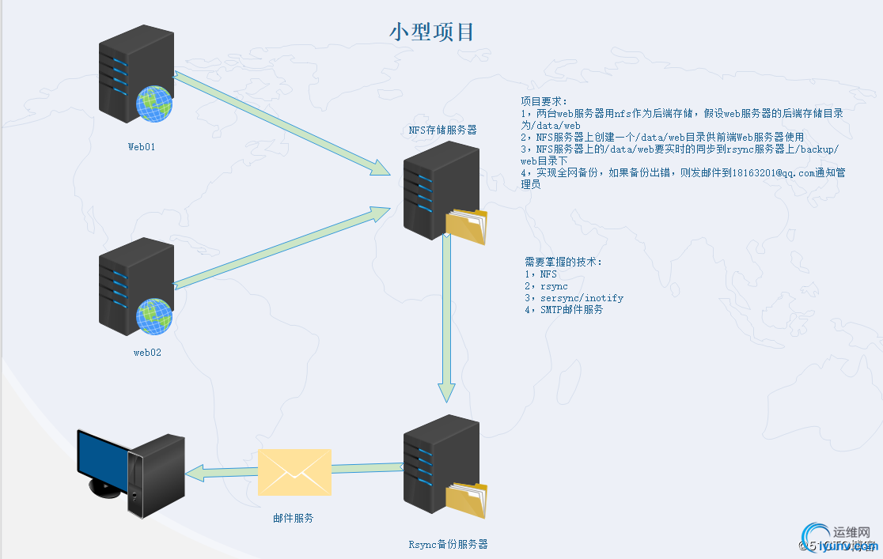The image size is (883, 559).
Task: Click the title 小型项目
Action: pos(432,32)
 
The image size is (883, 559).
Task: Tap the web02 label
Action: pos(146,353)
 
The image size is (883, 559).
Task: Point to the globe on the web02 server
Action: pos(154,315)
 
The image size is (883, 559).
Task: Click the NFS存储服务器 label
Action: pos(442,130)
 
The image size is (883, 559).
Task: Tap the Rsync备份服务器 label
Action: pos(448,544)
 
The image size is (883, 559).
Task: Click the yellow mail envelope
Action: pos(294,472)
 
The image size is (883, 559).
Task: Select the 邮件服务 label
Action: pos(293,519)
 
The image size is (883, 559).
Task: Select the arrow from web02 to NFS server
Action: pos(277,247)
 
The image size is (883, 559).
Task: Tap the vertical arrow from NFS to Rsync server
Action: pos(447,316)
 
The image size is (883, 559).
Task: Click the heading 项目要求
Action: pos(544,102)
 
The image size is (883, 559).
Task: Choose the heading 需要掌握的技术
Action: pos(563,262)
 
